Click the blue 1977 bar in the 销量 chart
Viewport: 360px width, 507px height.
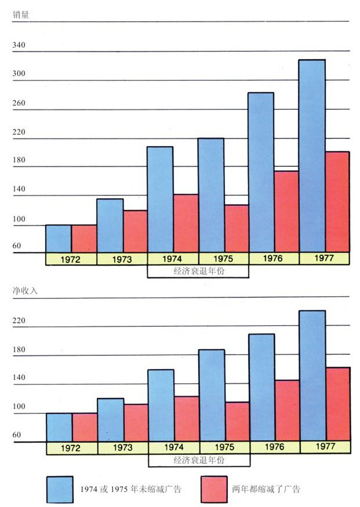pos(312,156)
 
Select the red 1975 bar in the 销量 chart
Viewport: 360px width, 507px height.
pos(237,228)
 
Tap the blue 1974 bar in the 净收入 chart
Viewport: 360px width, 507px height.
pos(161,405)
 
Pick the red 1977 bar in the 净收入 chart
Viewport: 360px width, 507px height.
pos(338,404)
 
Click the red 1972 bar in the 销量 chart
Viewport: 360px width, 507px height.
pos(84,238)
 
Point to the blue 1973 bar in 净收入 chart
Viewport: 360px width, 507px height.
pos(111,419)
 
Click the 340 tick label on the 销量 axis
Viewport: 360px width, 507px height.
pos(19,45)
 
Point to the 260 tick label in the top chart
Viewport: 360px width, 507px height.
pos(19,103)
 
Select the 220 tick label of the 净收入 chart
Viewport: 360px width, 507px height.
pos(19,320)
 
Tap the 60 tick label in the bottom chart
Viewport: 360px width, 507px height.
pos(17,435)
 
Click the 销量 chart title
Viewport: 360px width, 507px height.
pos(21,15)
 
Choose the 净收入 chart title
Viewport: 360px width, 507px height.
pos(25,291)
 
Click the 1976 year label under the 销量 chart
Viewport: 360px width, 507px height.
pos(273,258)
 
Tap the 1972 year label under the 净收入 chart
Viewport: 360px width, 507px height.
pos(71,448)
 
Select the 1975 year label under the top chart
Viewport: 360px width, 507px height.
pos(223,259)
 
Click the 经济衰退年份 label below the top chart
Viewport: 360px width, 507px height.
pos(198,271)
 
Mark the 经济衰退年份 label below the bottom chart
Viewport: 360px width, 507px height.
pos(199,460)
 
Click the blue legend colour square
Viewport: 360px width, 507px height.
pos(60,489)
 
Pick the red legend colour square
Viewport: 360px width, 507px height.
pos(214,489)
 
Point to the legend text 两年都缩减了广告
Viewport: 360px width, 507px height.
pos(266,489)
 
